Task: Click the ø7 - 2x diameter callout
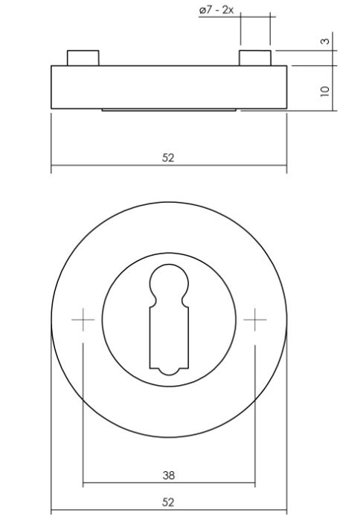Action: click(x=216, y=11)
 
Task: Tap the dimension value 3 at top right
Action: click(x=325, y=41)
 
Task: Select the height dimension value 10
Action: click(x=325, y=89)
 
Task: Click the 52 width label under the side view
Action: click(x=168, y=158)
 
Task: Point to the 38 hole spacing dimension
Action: click(x=168, y=474)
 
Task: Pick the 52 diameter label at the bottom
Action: click(x=168, y=502)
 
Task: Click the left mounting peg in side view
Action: click(x=83, y=58)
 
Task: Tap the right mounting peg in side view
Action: click(x=254, y=58)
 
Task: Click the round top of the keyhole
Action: click(x=169, y=284)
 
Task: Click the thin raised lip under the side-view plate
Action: click(x=169, y=111)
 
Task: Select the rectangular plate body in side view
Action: click(x=169, y=87)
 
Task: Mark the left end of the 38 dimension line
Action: click(x=83, y=485)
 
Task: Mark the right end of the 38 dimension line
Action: click(x=254, y=485)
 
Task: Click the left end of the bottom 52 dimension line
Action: click(x=51, y=511)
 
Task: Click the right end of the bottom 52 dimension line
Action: click(x=286, y=511)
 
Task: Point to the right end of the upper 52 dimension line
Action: click(x=286, y=167)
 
